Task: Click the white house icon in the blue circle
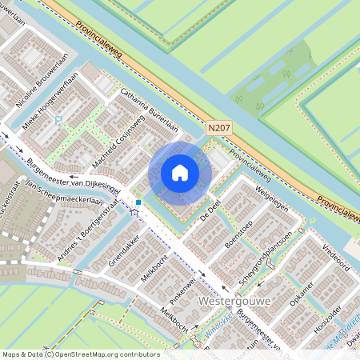point(180,173)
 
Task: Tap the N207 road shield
point(218,126)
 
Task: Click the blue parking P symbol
point(59,120)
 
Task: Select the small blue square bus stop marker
point(138,202)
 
